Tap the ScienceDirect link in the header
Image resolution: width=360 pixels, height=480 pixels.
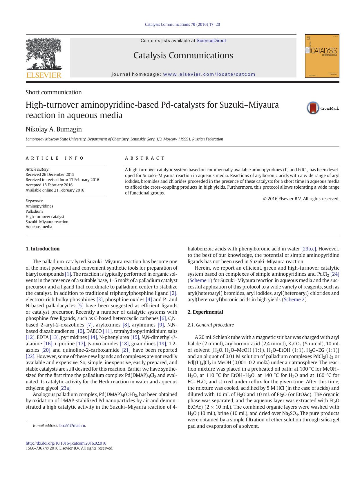coord(211,41)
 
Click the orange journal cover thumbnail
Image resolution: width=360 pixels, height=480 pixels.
coord(322,56)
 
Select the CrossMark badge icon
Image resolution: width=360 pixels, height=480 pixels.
coord(313,108)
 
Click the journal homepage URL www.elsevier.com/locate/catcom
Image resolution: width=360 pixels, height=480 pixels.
coord(209,74)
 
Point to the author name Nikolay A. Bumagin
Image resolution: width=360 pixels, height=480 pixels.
coord(54,129)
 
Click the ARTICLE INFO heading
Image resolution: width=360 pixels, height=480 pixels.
coord(55,158)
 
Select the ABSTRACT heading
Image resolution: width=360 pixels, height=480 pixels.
coord(145,158)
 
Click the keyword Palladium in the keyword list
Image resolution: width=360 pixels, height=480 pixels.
coord(34,211)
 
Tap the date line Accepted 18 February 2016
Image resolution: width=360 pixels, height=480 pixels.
coord(49,185)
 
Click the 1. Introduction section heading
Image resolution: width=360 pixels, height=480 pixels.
coord(42,249)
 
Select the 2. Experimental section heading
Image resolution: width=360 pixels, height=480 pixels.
coord(205,312)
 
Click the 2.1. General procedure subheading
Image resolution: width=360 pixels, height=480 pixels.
coord(211,325)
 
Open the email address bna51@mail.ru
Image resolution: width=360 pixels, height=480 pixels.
coord(72,425)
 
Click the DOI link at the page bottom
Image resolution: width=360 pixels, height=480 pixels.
coord(66,443)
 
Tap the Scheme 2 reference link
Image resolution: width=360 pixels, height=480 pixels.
coord(294,299)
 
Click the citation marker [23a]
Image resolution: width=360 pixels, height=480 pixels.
coord(65,388)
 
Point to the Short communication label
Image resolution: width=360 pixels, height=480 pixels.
coord(54,92)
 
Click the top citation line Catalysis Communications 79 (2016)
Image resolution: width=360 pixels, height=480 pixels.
coord(182,24)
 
